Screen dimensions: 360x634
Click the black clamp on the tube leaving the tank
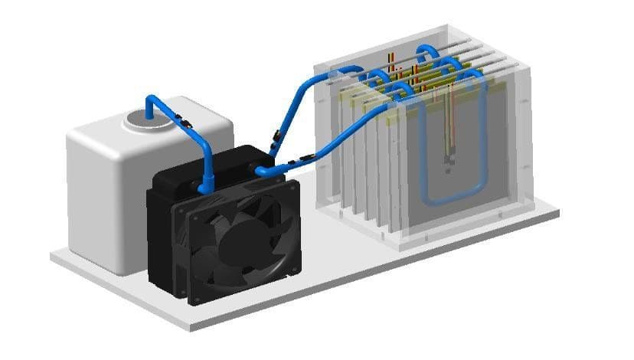[x=184, y=120]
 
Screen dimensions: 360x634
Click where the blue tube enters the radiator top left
[x=205, y=185]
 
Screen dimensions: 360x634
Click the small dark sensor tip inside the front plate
[x=449, y=162]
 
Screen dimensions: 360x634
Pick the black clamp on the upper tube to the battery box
[x=274, y=139]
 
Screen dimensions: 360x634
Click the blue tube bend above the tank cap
[x=151, y=100]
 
